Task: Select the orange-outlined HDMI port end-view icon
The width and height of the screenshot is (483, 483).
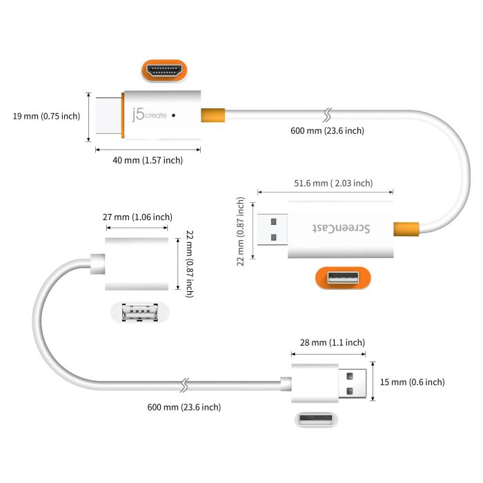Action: point(166,70)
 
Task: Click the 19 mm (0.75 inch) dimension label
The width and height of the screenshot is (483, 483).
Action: point(46,116)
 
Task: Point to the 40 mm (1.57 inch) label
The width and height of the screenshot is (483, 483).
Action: point(148,160)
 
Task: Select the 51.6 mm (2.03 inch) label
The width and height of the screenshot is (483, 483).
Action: point(333,183)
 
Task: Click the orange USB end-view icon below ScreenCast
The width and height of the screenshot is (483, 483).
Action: point(343,279)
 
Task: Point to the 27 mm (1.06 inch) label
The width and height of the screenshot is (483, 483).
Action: point(137,217)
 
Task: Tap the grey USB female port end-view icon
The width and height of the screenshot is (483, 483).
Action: point(139,313)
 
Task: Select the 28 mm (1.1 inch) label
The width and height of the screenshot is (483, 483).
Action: point(328,342)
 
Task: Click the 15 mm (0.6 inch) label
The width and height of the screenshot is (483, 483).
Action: point(413,382)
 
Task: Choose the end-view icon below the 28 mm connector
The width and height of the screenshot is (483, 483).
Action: point(318,420)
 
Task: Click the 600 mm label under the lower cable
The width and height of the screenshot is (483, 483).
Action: point(184,407)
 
